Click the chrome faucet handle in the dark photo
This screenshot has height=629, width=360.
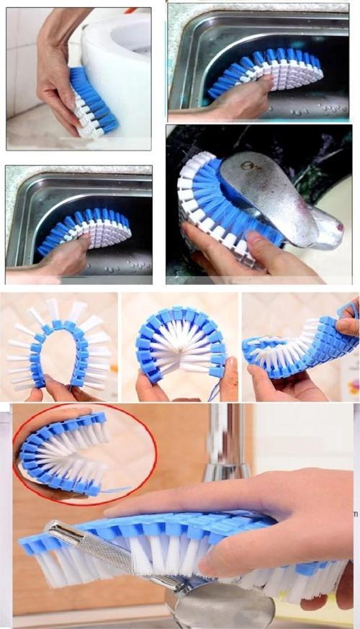point(277,198)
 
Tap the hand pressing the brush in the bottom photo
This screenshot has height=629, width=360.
point(281,519)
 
